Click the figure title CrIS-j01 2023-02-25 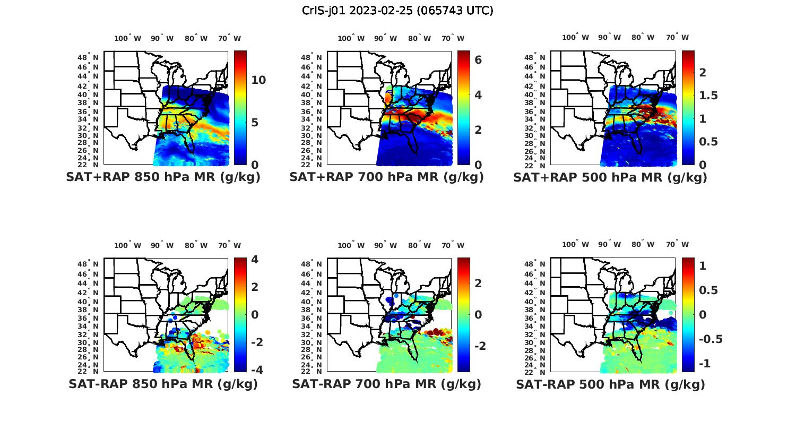pos(397,11)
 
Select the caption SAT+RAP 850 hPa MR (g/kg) pos(163,177)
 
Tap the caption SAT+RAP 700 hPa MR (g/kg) pos(386,177)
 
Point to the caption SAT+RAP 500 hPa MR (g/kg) pos(610,177)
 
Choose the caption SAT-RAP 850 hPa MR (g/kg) pos(163,384)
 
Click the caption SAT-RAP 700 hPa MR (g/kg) pos(386,384)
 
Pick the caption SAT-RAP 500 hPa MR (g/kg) pos(610,384)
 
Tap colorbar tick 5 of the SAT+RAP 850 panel pos(255,123)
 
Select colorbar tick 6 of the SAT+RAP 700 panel pos(478,59)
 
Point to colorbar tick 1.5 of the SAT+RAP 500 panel pos(708,96)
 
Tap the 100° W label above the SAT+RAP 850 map pos(128,38)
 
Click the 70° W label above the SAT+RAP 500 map pos(677,37)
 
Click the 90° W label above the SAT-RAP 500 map pos(610,245)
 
